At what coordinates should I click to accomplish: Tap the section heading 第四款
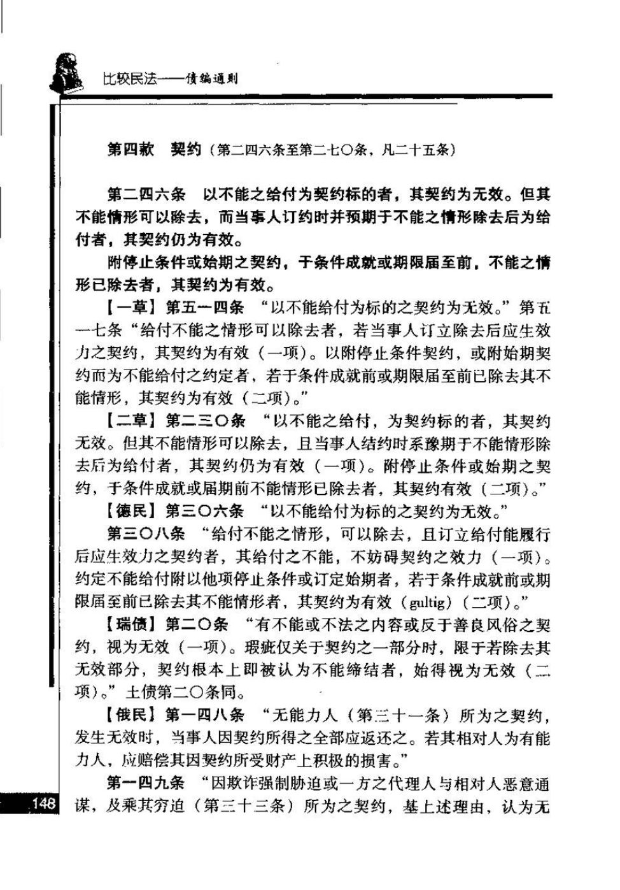click(130, 150)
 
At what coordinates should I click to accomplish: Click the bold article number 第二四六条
click(146, 193)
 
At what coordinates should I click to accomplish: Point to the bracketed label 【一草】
click(132, 308)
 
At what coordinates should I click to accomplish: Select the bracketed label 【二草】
click(132, 421)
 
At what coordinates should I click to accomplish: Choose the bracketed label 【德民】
click(132, 511)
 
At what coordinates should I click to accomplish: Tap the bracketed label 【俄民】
click(132, 715)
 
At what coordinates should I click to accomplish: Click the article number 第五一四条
click(204, 308)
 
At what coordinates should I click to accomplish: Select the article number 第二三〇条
click(204, 421)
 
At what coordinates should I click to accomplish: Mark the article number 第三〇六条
click(204, 511)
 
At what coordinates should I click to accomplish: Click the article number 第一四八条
click(204, 715)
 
